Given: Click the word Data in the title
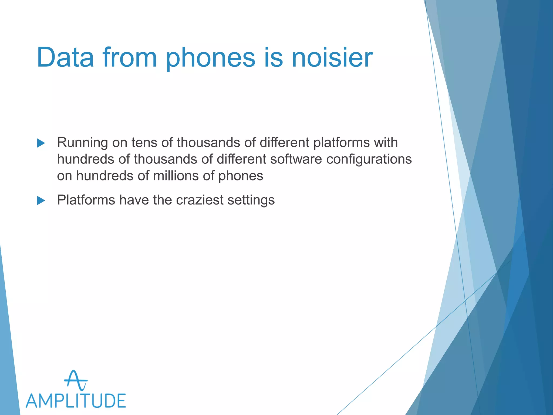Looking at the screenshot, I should [x=65, y=57].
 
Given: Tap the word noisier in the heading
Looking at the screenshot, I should [x=332, y=57].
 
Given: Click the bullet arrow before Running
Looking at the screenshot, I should [x=41, y=143].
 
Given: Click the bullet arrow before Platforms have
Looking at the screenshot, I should [x=41, y=200].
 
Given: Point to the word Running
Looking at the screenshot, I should [x=82, y=143].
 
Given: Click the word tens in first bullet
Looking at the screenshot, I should [x=144, y=142].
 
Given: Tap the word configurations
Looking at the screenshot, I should [x=369, y=159].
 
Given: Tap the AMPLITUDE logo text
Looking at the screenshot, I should [x=76, y=401].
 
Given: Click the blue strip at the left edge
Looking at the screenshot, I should [x=8, y=351].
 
